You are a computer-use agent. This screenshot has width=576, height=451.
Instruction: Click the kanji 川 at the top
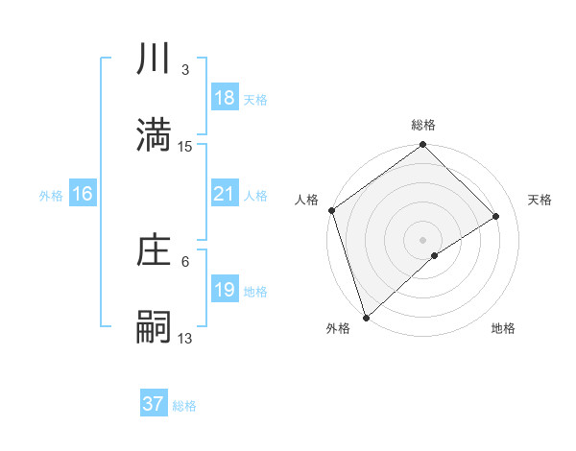[x=154, y=60]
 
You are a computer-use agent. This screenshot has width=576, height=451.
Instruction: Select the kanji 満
[x=154, y=135]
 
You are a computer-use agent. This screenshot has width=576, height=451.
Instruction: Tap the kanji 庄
[x=154, y=251]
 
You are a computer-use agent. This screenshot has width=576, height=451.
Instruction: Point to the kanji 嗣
[x=154, y=326]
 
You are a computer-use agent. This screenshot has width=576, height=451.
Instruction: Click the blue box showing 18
[x=224, y=98]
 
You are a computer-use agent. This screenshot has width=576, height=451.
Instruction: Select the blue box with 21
[x=224, y=194]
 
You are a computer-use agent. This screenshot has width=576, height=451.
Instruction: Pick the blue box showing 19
[x=224, y=290]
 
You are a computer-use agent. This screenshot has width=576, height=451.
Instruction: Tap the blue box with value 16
[x=83, y=194]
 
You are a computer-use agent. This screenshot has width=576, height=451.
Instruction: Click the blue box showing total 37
[x=154, y=404]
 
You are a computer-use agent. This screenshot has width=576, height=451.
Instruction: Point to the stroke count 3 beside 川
[x=185, y=70]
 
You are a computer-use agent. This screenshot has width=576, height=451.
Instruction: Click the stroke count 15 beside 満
[x=185, y=146]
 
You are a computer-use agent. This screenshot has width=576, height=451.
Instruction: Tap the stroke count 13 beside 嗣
[x=185, y=338]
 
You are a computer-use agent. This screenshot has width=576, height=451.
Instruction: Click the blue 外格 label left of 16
[x=51, y=195]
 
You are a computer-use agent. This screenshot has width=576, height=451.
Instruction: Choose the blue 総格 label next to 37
[x=184, y=406]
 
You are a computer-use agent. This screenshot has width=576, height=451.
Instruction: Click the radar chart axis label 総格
[x=423, y=125]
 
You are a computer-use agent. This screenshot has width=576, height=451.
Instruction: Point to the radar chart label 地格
[x=503, y=328]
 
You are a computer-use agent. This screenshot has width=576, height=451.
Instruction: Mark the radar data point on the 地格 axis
[x=435, y=255]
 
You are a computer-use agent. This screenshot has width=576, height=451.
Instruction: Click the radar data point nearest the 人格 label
[x=331, y=210]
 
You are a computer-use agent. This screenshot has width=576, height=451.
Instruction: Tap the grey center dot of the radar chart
[x=423, y=239]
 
